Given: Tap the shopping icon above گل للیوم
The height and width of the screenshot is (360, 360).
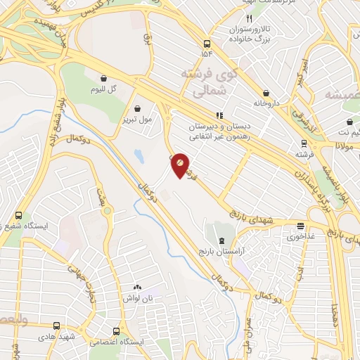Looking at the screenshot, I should point(104,79).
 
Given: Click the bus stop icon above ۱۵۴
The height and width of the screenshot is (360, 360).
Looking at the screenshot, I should point(205,42).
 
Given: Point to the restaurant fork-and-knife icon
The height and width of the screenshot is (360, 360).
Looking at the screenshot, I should point(247,18).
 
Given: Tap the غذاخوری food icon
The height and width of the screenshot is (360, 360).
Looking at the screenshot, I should point(301,226).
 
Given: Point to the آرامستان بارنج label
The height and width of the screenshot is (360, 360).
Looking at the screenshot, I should point(222,251).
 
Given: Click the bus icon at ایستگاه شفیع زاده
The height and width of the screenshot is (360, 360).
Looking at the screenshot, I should point(18,215).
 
